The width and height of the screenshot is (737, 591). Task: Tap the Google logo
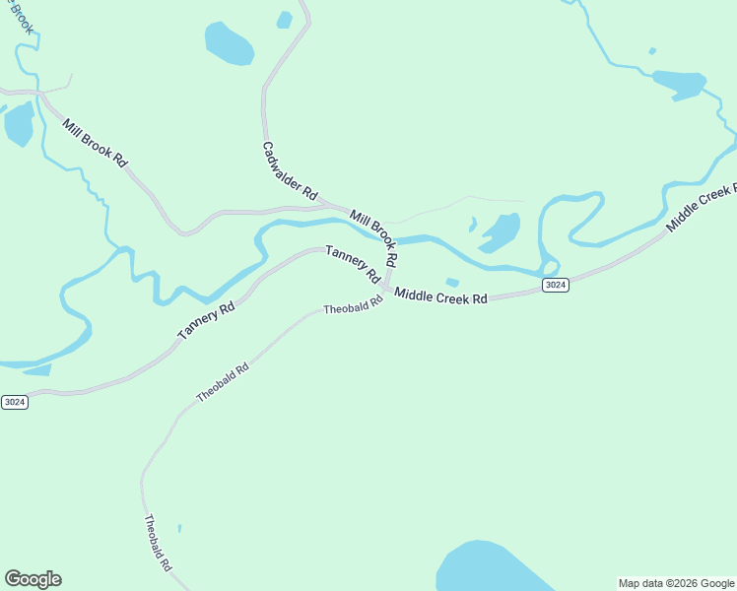pyautogui.click(x=33, y=579)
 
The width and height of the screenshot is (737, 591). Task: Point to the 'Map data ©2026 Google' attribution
pyautogui.click(x=677, y=583)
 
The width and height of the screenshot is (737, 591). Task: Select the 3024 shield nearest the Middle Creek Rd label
pyautogui.click(x=556, y=286)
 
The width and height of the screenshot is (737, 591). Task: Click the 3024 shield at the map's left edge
pyautogui.click(x=14, y=402)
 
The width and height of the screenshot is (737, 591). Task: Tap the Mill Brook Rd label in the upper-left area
pyautogui.click(x=95, y=143)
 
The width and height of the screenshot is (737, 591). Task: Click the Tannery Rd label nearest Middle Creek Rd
pyautogui.click(x=353, y=264)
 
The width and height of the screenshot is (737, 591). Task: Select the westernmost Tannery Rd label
pyautogui.click(x=206, y=322)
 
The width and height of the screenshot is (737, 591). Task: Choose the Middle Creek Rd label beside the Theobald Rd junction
pyautogui.click(x=441, y=295)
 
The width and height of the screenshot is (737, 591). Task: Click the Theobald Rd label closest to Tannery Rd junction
pyautogui.click(x=353, y=307)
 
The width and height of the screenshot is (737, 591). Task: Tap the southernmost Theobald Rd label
pyautogui.click(x=159, y=545)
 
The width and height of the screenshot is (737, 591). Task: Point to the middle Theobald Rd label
pyautogui.click(x=223, y=381)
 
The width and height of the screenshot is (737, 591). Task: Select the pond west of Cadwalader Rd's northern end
pyautogui.click(x=229, y=42)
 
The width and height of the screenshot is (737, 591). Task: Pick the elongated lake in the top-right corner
pyautogui.click(x=679, y=84)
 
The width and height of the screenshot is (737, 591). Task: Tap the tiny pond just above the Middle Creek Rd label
pyautogui.click(x=452, y=283)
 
